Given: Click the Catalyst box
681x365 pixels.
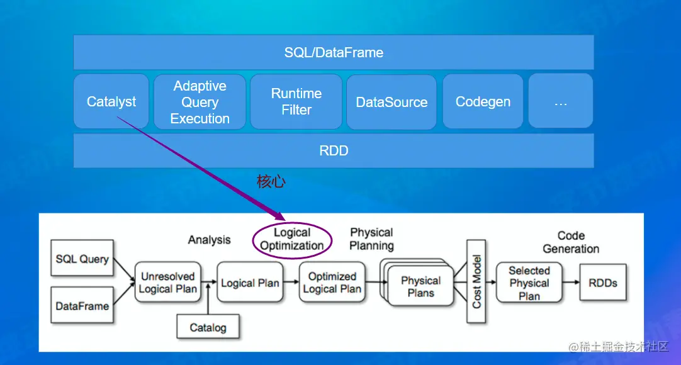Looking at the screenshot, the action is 111,101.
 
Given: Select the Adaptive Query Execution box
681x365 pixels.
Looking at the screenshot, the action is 200,102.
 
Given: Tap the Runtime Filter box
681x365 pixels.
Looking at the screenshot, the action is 296,101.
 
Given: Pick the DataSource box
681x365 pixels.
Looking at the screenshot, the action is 391,102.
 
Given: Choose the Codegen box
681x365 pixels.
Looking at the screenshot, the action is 483,101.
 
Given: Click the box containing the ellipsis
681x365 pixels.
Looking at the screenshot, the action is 561,101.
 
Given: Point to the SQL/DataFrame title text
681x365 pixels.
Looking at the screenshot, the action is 334,52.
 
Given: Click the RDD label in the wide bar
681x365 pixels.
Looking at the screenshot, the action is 334,150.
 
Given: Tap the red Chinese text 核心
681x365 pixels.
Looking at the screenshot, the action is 271,181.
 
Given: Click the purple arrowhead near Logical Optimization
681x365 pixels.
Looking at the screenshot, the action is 279,216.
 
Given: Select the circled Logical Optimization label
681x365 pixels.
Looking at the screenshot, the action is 292,239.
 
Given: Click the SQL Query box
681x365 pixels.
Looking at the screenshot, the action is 82,258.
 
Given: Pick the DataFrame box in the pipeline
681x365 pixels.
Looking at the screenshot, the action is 82,305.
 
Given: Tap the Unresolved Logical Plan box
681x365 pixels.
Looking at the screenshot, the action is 167,282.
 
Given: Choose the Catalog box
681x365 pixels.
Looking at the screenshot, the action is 208,327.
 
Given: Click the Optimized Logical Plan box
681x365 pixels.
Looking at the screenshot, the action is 332,282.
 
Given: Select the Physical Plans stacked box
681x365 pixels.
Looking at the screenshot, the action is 417,283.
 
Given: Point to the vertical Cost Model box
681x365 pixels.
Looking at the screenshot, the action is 476,281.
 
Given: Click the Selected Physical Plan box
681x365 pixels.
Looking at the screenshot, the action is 529,283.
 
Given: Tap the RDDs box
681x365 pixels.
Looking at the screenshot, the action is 603,283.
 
